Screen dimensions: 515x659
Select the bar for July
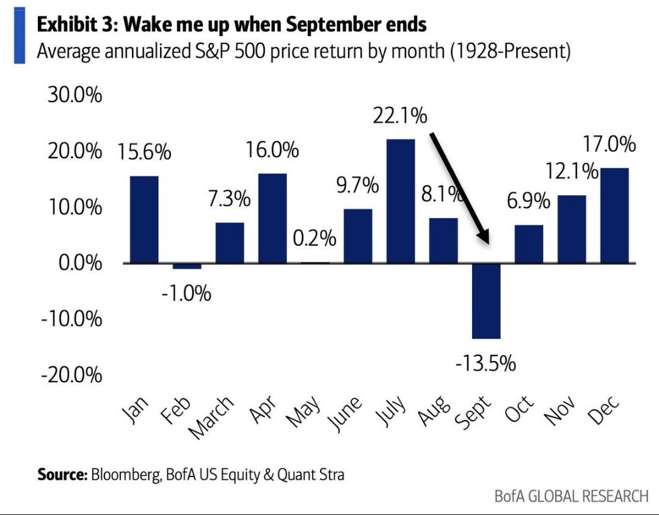[x=400, y=201]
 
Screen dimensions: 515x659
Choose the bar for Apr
[x=272, y=218]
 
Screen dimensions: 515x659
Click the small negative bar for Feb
[x=186, y=266]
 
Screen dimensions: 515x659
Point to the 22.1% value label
[x=400, y=116]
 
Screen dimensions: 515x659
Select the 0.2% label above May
[x=315, y=238]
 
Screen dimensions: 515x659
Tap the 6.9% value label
[x=529, y=201]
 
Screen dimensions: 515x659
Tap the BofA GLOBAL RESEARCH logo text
[x=571, y=495]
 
